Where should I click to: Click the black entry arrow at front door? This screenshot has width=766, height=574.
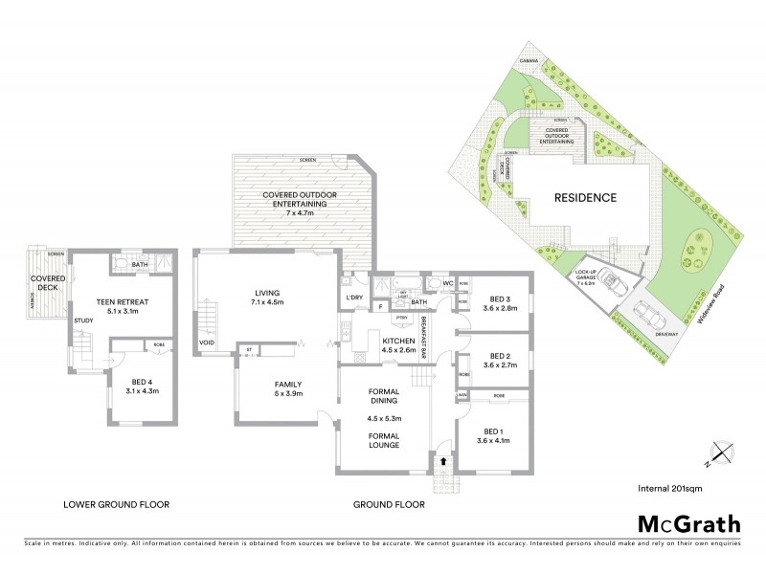pos(442,460)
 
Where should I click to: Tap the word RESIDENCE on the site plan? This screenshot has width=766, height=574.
pos(584,198)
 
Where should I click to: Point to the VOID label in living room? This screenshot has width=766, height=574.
pos(206,342)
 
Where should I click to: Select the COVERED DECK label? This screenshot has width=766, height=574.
pos(46,284)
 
